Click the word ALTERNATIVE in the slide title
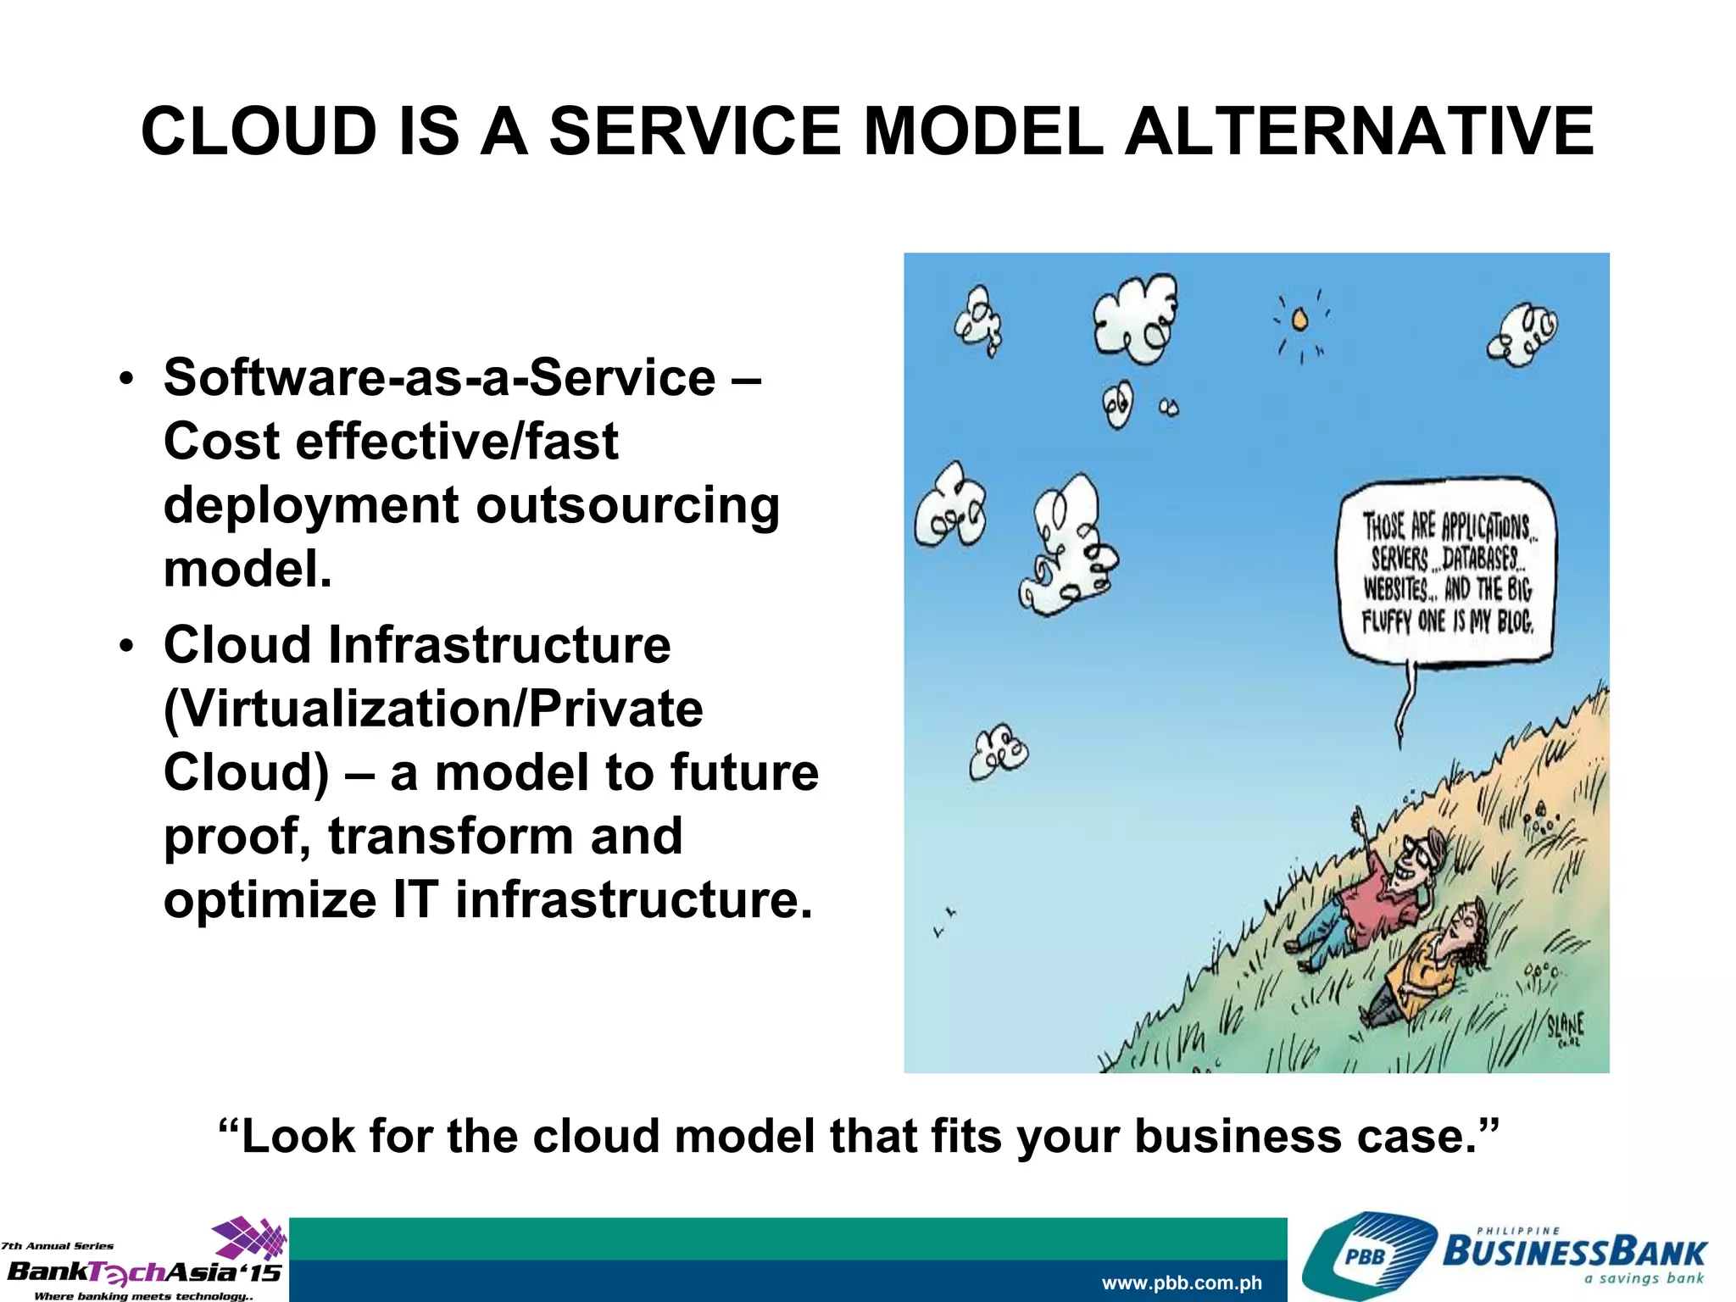pos(1359,131)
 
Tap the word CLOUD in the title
pos(259,131)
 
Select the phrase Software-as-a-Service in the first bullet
pos(440,377)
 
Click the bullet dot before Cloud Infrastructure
pos(126,647)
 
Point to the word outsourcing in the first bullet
pos(627,505)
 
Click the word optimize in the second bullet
pos(270,899)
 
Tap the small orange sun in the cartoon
pos(1299,320)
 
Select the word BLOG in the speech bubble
pos(1515,622)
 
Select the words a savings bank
pos(1644,1278)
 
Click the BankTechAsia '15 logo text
pos(144,1272)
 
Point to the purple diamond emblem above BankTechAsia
pos(250,1238)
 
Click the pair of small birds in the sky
pos(944,922)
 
